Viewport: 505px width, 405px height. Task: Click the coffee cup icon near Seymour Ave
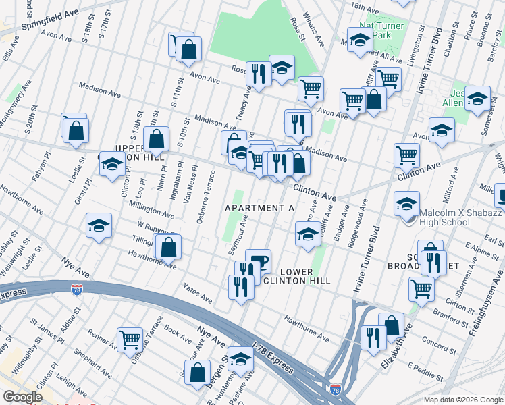click(258, 260)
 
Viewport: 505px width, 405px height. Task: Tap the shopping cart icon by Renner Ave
click(130, 338)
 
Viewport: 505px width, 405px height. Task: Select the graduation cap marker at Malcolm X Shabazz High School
click(408, 203)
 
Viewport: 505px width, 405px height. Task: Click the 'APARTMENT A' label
click(260, 208)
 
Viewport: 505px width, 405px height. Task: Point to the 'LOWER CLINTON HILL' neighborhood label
click(292, 276)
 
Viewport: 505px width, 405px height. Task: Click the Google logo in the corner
click(23, 397)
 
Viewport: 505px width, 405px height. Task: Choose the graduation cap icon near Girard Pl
click(99, 225)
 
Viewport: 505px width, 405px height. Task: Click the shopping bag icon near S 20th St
click(76, 130)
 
